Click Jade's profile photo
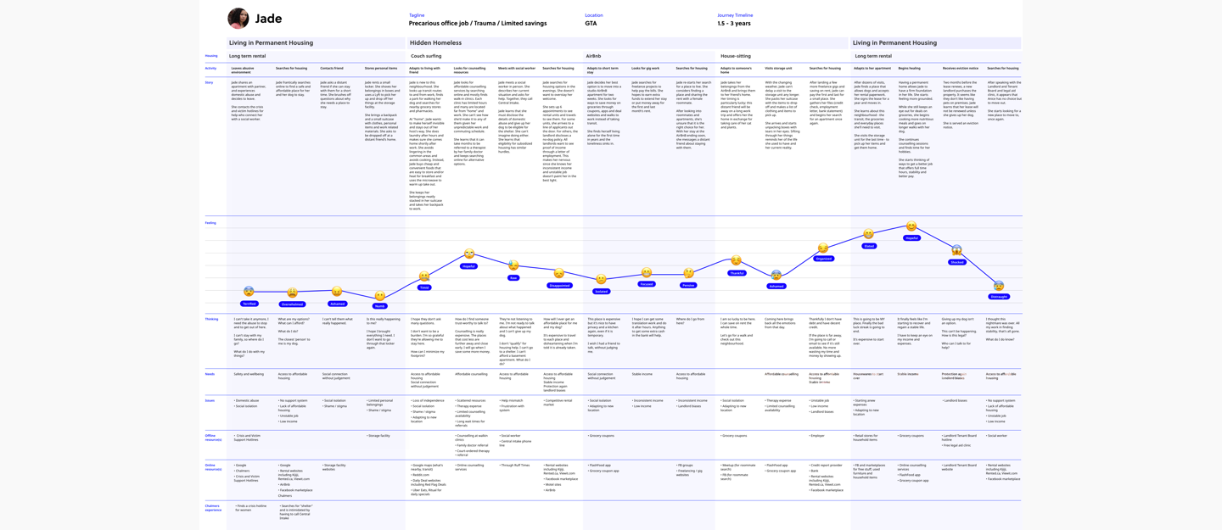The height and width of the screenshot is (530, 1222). [238, 18]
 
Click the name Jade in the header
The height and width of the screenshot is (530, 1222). [268, 19]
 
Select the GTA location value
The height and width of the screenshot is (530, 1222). [591, 24]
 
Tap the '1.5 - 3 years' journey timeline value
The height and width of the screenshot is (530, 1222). [733, 24]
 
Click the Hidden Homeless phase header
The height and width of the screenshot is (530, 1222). [435, 42]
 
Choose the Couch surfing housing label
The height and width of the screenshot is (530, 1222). [426, 56]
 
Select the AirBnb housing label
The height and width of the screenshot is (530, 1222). [593, 56]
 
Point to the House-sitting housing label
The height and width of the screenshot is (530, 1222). [735, 56]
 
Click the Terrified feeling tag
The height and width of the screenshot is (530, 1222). [249, 304]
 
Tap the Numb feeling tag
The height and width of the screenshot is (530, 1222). [379, 306]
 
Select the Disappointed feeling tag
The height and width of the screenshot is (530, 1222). [559, 286]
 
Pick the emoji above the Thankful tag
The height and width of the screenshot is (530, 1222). [736, 261]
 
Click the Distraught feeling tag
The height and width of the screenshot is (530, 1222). [999, 297]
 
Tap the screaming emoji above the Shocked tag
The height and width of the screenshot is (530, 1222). [956, 250]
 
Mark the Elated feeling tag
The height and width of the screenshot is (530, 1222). [869, 246]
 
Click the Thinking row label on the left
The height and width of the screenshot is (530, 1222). [211, 319]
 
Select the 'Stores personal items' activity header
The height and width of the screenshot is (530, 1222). [381, 68]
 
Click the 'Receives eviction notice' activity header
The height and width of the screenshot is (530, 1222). [960, 68]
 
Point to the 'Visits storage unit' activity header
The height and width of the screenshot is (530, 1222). [778, 68]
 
